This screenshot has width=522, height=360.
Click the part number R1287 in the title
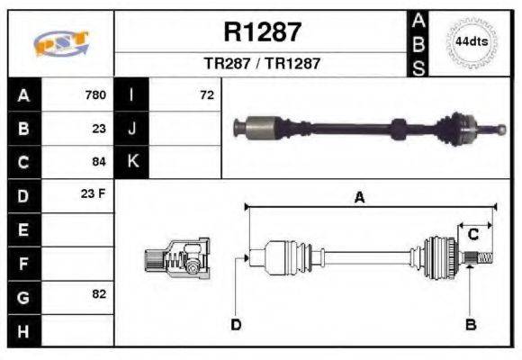coord(262,32)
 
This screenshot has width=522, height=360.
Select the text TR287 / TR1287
coord(262,64)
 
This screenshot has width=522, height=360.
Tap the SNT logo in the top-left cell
coord(60,43)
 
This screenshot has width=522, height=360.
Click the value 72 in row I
coord(207,94)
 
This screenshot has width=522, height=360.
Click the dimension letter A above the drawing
coord(359,198)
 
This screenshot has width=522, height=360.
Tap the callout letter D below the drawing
coord(236,324)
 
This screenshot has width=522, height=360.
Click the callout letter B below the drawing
coord(469,324)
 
